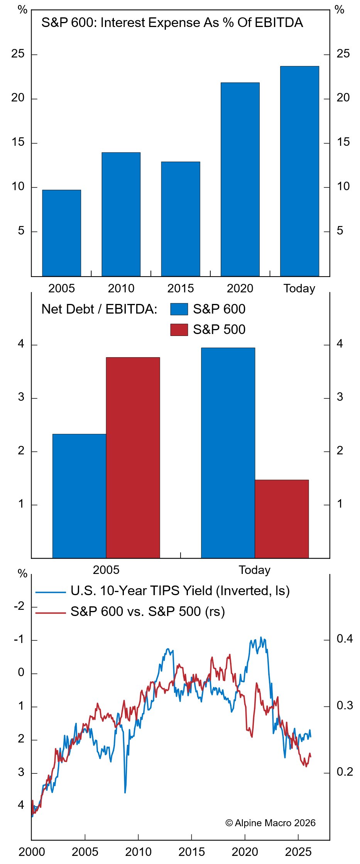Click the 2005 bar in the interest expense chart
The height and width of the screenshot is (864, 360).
(61, 233)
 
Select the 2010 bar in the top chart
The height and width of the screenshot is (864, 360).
(121, 214)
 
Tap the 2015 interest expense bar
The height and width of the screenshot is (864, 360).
(181, 219)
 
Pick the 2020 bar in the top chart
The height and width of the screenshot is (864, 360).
(240, 179)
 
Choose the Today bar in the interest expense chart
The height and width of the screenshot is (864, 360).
(299, 171)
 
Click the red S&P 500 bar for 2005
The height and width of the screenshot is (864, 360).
(133, 457)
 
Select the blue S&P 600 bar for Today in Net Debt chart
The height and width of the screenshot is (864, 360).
(228, 453)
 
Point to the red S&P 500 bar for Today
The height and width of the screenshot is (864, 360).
(282, 519)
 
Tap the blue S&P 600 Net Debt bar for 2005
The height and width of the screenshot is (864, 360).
(79, 496)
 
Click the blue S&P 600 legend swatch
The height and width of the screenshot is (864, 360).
(179, 309)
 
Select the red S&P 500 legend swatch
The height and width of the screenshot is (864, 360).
(179, 329)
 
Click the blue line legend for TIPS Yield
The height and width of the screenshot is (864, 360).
(51, 592)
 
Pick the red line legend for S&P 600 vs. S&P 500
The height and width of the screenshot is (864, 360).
(51, 612)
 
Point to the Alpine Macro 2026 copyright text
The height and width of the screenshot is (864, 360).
(270, 823)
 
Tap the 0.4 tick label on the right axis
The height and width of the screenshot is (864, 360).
(345, 639)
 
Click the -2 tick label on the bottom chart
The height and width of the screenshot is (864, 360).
(19, 606)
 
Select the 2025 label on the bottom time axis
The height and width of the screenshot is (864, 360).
(298, 852)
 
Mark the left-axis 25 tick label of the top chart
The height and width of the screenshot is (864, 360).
(18, 54)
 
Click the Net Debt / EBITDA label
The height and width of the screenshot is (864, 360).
(99, 309)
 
